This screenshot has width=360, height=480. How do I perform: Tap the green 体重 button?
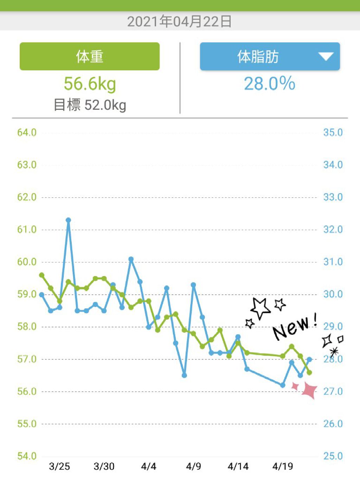89,57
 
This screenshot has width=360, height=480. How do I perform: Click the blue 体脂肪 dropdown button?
258,57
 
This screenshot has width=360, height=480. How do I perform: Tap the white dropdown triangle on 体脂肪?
326,56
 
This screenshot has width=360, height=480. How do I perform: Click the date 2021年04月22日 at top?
180,21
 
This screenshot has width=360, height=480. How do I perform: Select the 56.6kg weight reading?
90,84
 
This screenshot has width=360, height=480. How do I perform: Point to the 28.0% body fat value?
270,84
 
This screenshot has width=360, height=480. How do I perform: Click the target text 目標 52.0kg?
90,105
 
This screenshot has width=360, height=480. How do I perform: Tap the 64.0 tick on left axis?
27,133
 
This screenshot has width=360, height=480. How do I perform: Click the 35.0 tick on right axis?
333,133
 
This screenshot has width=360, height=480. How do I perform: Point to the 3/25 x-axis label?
59,466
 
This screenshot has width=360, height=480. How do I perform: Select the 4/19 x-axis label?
283,466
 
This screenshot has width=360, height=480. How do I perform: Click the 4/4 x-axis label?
149,466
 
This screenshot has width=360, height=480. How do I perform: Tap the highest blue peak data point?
68,220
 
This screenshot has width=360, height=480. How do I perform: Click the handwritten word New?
295,327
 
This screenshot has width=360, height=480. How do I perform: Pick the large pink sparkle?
310,390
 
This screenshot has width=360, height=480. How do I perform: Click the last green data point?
309,372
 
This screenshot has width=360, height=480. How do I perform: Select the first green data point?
42,275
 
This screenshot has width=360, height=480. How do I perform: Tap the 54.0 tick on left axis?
27,456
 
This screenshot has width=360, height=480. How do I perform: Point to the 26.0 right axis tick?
333,424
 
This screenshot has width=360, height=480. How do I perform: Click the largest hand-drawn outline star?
260,308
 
